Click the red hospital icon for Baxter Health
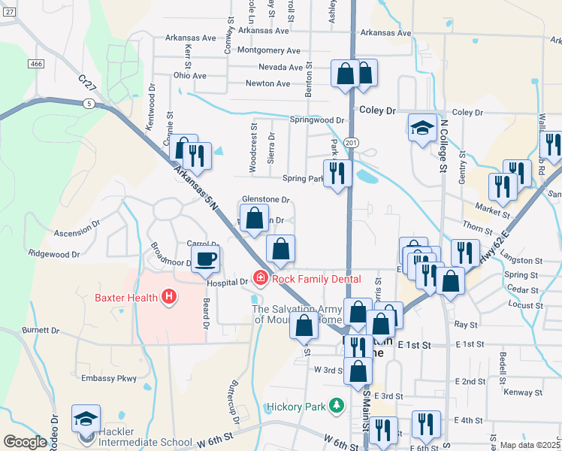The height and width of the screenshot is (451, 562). click(168, 297)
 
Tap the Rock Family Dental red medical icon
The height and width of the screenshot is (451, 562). click(261, 279)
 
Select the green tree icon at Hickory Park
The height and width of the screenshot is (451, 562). click(337, 407)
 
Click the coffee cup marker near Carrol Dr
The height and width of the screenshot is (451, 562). click(204, 259)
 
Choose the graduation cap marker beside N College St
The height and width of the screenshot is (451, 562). click(422, 127)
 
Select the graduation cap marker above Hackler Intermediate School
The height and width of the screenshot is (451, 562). click(86, 418)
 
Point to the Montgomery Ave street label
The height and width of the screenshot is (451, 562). click(268, 50)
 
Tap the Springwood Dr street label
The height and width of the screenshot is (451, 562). click(317, 120)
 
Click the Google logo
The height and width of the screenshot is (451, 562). click(25, 442)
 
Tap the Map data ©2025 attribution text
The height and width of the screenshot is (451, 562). click(530, 445)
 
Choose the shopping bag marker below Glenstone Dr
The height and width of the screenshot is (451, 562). click(255, 218)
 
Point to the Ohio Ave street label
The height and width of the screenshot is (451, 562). click(189, 76)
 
